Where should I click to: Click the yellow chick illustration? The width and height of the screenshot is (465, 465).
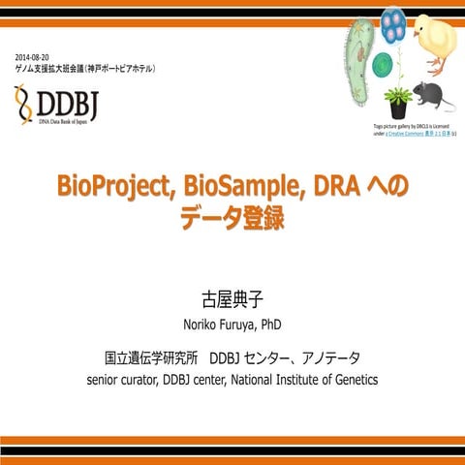(x=435, y=39)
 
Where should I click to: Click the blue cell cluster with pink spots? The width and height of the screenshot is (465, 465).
(x=391, y=25)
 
